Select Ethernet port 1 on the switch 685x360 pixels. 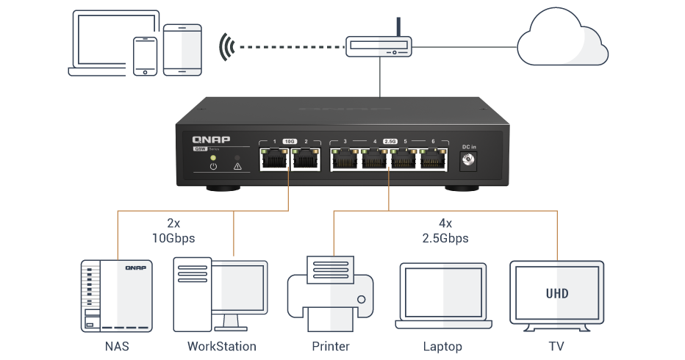click(274, 158)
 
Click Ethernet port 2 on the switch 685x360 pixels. click(304, 158)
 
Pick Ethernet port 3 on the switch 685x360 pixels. click(344, 158)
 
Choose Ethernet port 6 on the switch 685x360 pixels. click(434, 158)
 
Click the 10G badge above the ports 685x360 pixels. click(290, 140)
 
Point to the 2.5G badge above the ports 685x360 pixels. click(390, 140)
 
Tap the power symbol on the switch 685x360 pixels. click(213, 167)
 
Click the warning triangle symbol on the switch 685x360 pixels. click(237, 167)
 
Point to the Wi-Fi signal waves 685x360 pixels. click(226, 48)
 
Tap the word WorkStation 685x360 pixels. click(222, 346)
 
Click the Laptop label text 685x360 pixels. click(442, 346)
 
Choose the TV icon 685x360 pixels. click(557, 295)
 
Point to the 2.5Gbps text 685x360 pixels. click(444, 238)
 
